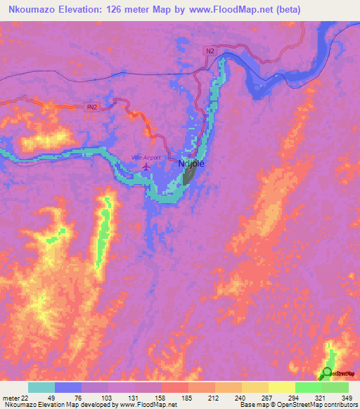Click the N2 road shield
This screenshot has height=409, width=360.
tap(210, 51)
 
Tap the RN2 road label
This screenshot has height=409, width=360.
tap(91, 107)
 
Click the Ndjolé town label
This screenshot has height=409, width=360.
tap(191, 164)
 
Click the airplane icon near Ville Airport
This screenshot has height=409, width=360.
tap(146, 168)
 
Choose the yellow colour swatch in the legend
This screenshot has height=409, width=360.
tap(281, 387)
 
